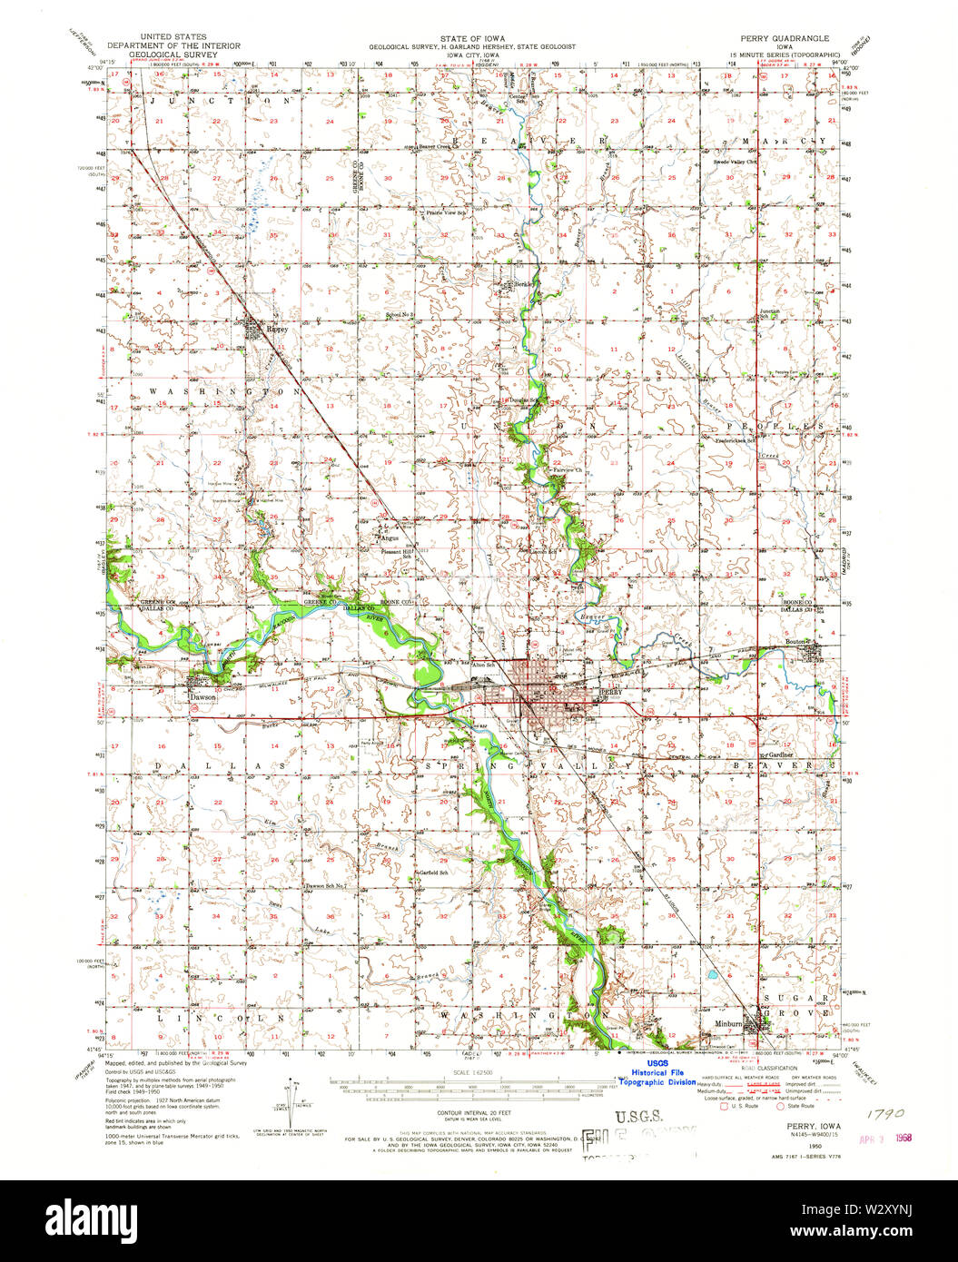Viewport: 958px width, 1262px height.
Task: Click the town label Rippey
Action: click(275, 330)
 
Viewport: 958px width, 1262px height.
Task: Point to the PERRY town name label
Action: click(608, 691)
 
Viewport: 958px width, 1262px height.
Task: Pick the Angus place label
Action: click(390, 537)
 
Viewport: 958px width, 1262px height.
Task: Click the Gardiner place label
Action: click(781, 754)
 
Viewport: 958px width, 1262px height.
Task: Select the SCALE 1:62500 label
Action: click(472, 1072)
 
